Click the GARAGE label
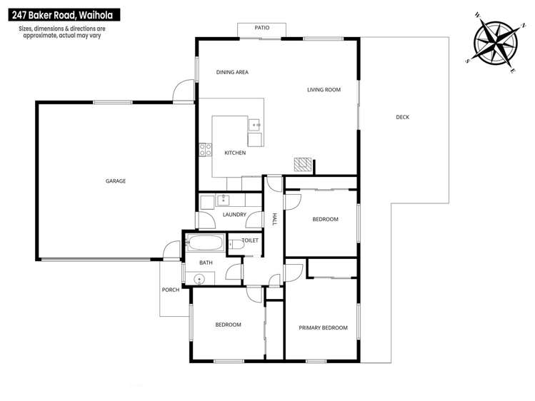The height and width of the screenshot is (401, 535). pyautogui.click(x=116, y=181)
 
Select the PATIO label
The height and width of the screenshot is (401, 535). pyautogui.click(x=262, y=28)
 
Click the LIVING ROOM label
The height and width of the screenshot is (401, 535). pyautogui.click(x=324, y=90)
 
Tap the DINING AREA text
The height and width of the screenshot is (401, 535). pyautogui.click(x=232, y=72)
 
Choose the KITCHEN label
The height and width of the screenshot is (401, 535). pyautogui.click(x=235, y=153)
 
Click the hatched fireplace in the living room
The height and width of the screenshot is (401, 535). pyautogui.click(x=303, y=165)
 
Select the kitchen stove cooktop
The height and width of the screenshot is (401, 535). pyautogui.click(x=204, y=151)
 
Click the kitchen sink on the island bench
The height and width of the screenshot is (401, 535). pyautogui.click(x=254, y=126)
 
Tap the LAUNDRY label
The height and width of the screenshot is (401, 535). pyautogui.click(x=234, y=214)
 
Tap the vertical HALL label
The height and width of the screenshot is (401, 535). pyautogui.click(x=275, y=220)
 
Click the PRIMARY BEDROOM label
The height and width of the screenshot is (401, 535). pyautogui.click(x=322, y=328)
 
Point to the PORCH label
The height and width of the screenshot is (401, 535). pyautogui.click(x=170, y=290)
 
